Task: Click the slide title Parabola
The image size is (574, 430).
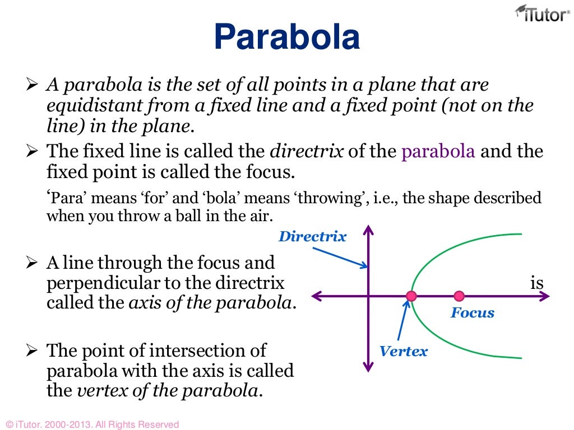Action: tap(286, 38)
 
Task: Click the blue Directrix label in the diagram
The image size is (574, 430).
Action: tap(312, 236)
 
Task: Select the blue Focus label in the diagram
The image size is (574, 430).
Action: tap(473, 312)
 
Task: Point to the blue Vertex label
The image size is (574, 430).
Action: tap(403, 351)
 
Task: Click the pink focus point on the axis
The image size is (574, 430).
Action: tap(459, 296)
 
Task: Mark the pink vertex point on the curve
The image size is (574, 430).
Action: tap(411, 296)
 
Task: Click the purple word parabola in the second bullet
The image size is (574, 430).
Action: tap(438, 152)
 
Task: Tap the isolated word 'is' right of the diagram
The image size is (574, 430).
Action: tap(536, 283)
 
